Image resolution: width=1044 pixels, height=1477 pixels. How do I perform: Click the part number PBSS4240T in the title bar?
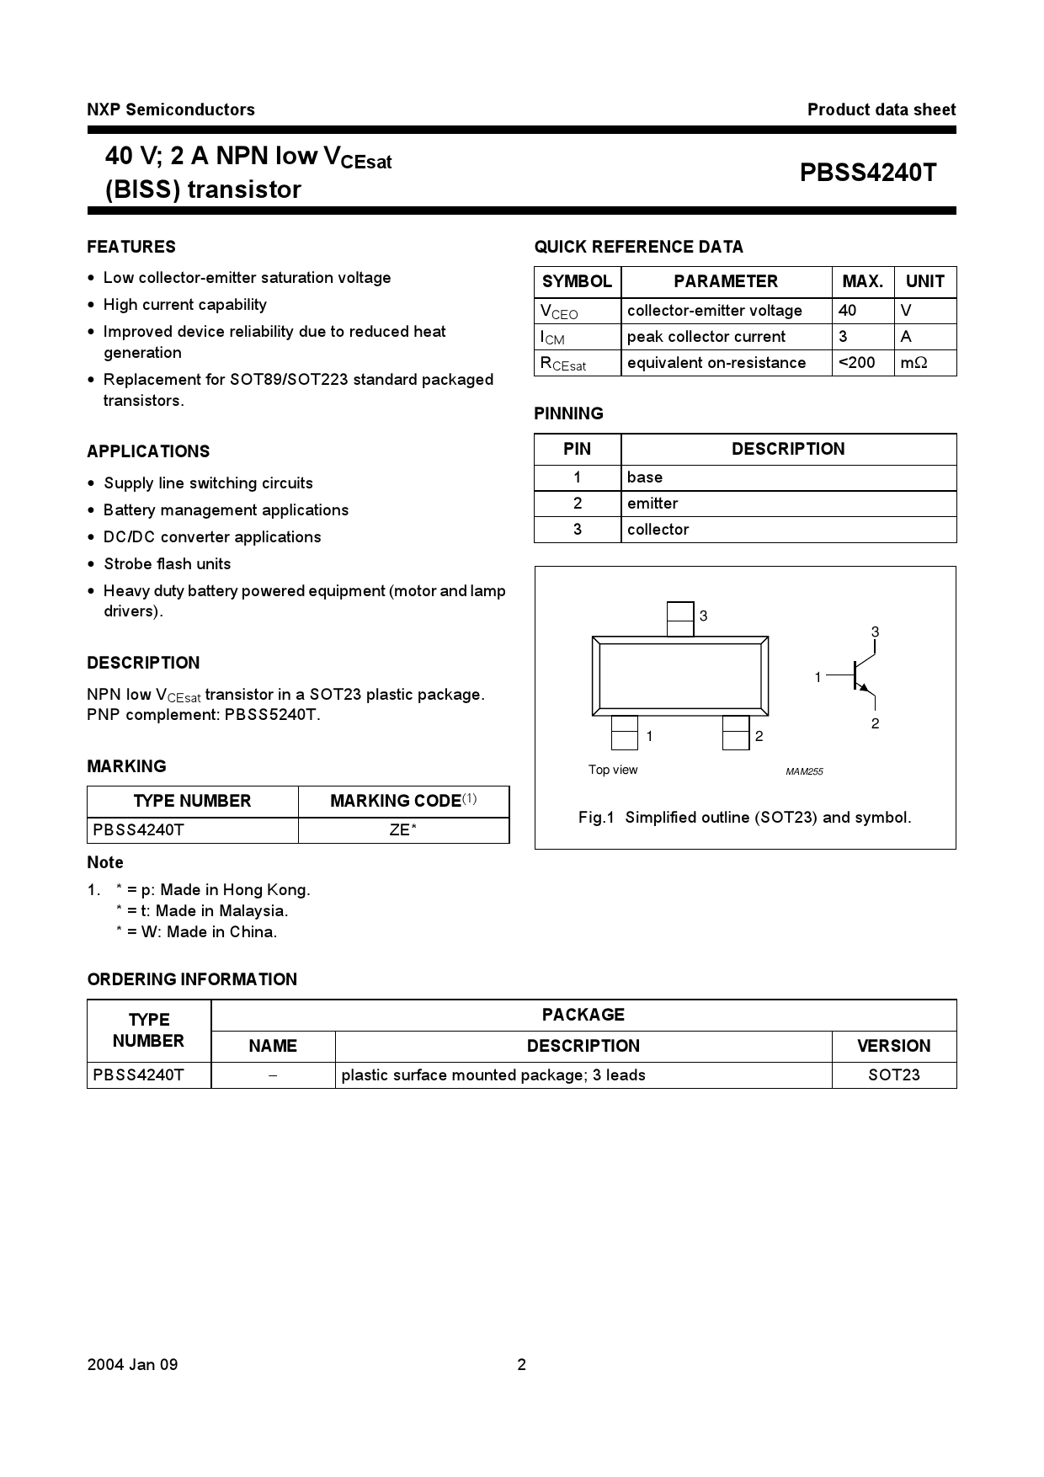[867, 173]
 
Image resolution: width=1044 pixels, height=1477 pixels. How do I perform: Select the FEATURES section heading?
[131, 247]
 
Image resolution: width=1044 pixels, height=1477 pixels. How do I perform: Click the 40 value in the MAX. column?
[847, 311]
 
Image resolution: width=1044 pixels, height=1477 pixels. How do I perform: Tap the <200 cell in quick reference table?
[857, 363]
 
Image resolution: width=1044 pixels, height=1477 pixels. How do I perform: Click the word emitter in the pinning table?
[652, 504]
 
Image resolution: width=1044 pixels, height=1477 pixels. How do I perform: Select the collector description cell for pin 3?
[658, 530]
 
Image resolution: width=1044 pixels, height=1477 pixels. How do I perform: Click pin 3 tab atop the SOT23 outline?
[680, 619]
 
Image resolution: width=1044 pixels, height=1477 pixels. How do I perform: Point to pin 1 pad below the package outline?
[624, 733]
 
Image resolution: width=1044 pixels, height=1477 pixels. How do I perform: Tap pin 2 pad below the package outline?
[736, 733]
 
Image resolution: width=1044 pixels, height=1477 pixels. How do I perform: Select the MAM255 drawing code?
[804, 771]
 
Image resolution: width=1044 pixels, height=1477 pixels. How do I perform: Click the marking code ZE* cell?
[403, 830]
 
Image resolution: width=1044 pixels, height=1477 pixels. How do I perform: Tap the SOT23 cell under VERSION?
[893, 1075]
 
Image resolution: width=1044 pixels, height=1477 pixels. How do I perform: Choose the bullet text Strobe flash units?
[167, 564]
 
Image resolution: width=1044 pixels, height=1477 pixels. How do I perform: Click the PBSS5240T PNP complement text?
[272, 715]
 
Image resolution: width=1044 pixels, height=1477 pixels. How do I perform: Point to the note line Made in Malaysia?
[202, 911]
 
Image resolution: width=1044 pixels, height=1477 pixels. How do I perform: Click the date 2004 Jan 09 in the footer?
[132, 1365]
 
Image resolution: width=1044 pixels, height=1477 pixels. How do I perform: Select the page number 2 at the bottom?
[521, 1365]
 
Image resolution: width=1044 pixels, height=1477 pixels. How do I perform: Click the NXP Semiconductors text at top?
[170, 109]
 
